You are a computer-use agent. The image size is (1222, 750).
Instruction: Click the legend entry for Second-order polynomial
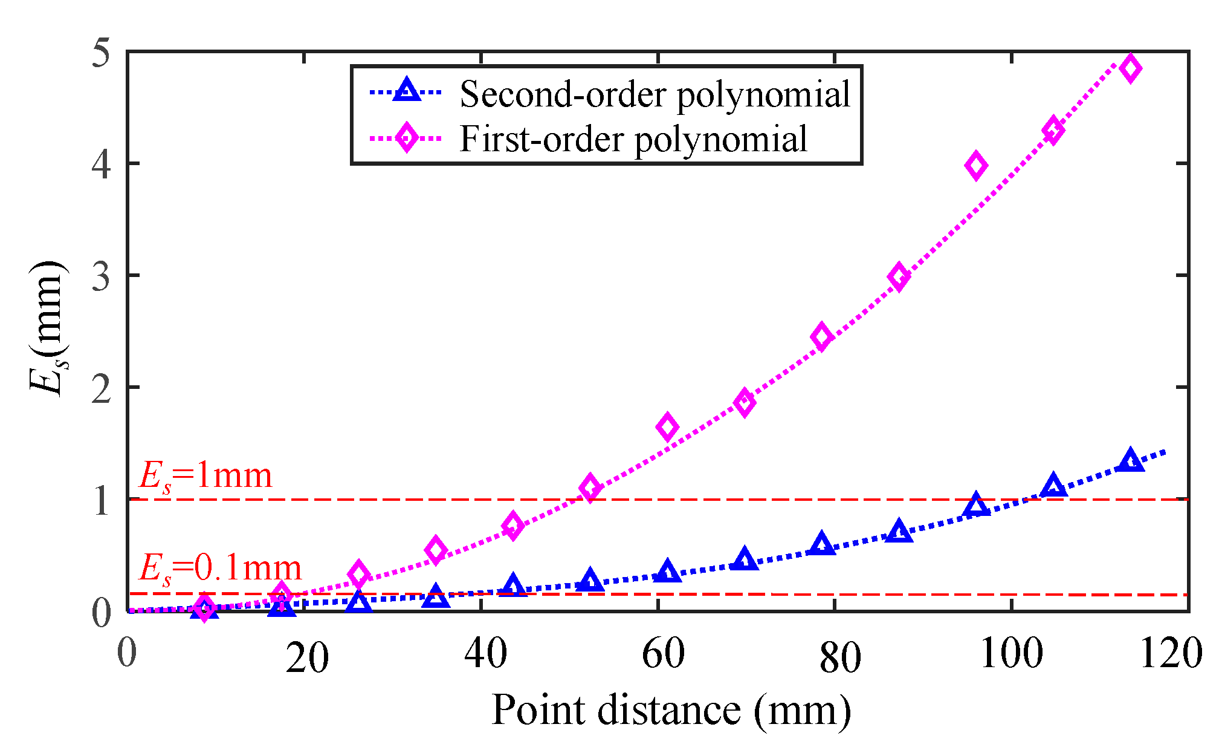point(655,95)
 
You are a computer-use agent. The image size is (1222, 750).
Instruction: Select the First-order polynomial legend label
point(633,139)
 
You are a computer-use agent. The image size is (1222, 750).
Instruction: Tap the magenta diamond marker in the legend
point(406,138)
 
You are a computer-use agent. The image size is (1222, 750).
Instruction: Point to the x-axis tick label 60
point(663,654)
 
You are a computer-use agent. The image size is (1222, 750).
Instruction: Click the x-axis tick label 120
point(1170,654)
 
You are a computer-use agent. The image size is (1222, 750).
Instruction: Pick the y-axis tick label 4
point(102,164)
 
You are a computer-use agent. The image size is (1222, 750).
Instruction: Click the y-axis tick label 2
point(102,388)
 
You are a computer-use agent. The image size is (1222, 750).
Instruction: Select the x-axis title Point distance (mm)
point(671,710)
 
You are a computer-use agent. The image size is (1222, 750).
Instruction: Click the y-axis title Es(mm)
point(48,330)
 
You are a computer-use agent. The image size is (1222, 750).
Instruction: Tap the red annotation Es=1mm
point(205,477)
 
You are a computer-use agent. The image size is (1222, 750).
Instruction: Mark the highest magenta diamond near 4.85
point(1130,68)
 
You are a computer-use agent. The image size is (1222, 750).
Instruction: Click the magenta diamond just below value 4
point(976,165)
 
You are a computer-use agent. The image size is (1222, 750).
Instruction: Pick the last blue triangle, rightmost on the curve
point(1130,461)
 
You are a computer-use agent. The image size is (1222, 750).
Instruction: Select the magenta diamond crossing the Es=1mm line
point(590,487)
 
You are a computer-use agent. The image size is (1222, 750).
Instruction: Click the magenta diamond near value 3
point(899,277)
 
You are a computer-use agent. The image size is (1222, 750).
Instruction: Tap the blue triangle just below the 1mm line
point(976,505)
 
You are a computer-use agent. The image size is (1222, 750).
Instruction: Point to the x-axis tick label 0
point(127,654)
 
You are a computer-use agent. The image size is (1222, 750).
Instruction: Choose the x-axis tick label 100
point(1011,654)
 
